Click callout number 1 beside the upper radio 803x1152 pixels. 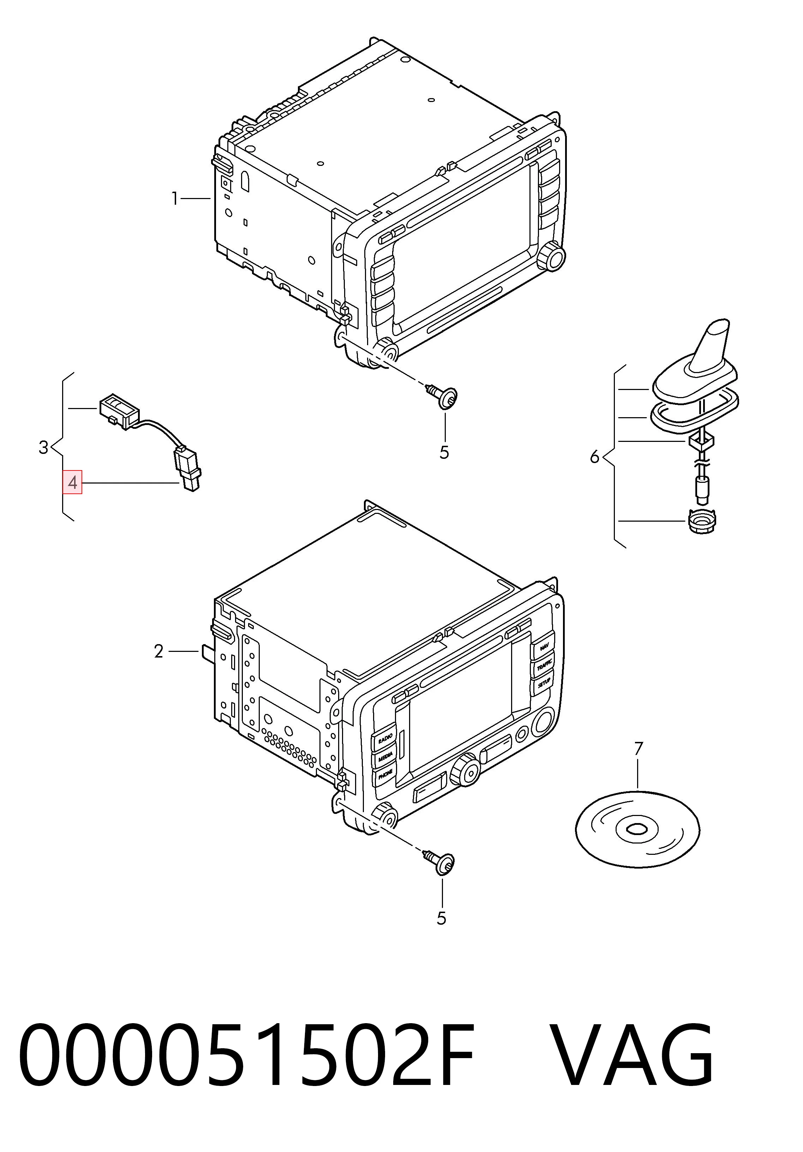175,199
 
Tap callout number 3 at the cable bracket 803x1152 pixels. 44,447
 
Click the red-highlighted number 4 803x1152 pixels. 73,483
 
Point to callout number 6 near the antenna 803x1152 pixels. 595,457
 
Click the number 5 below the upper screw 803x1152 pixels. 444,452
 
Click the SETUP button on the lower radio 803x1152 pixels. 544,683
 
